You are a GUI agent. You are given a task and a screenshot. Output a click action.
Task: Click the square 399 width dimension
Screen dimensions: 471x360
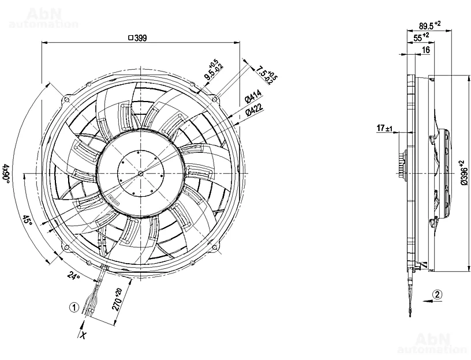[137, 38]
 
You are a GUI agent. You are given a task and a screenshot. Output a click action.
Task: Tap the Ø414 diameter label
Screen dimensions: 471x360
[253, 97]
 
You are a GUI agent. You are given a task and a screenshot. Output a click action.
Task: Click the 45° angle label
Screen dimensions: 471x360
[27, 222]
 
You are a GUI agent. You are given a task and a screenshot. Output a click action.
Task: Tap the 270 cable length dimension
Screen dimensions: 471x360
[117, 299]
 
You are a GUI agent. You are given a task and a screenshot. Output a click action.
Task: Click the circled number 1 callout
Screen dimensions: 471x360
[74, 307]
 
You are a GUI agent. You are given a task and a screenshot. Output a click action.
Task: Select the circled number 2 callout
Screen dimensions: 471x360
[438, 295]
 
